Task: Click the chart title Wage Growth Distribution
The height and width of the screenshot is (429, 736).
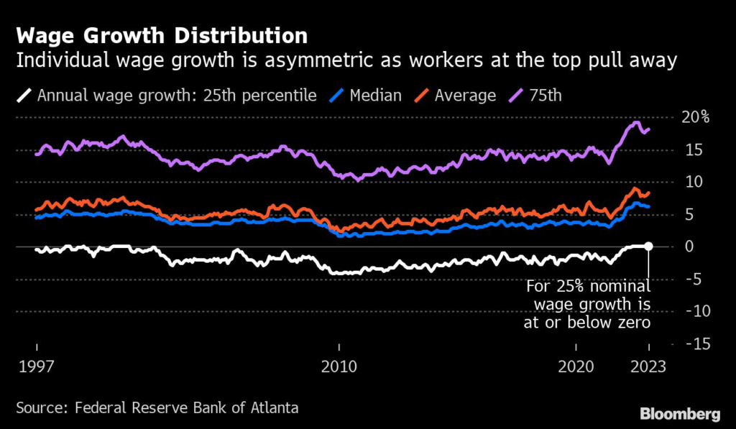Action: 160,35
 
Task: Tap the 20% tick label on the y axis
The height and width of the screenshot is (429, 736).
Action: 695,117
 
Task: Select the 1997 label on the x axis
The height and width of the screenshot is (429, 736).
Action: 38,366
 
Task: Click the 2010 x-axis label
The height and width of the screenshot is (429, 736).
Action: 339,366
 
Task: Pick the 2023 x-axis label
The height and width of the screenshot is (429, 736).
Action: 648,366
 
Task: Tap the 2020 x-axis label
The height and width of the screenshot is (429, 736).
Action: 577,366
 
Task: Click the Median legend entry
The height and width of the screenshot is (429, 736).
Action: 374,96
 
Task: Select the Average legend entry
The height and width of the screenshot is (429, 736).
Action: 464,96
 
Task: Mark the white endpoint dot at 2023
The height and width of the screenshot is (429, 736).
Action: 648,246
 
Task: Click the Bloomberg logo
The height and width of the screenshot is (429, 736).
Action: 679,413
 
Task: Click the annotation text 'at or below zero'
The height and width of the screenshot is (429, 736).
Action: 586,323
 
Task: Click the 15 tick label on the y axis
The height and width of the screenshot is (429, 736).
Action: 695,149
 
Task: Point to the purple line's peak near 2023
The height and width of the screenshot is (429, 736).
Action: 635,123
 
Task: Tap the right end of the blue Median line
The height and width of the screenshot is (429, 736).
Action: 649,206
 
